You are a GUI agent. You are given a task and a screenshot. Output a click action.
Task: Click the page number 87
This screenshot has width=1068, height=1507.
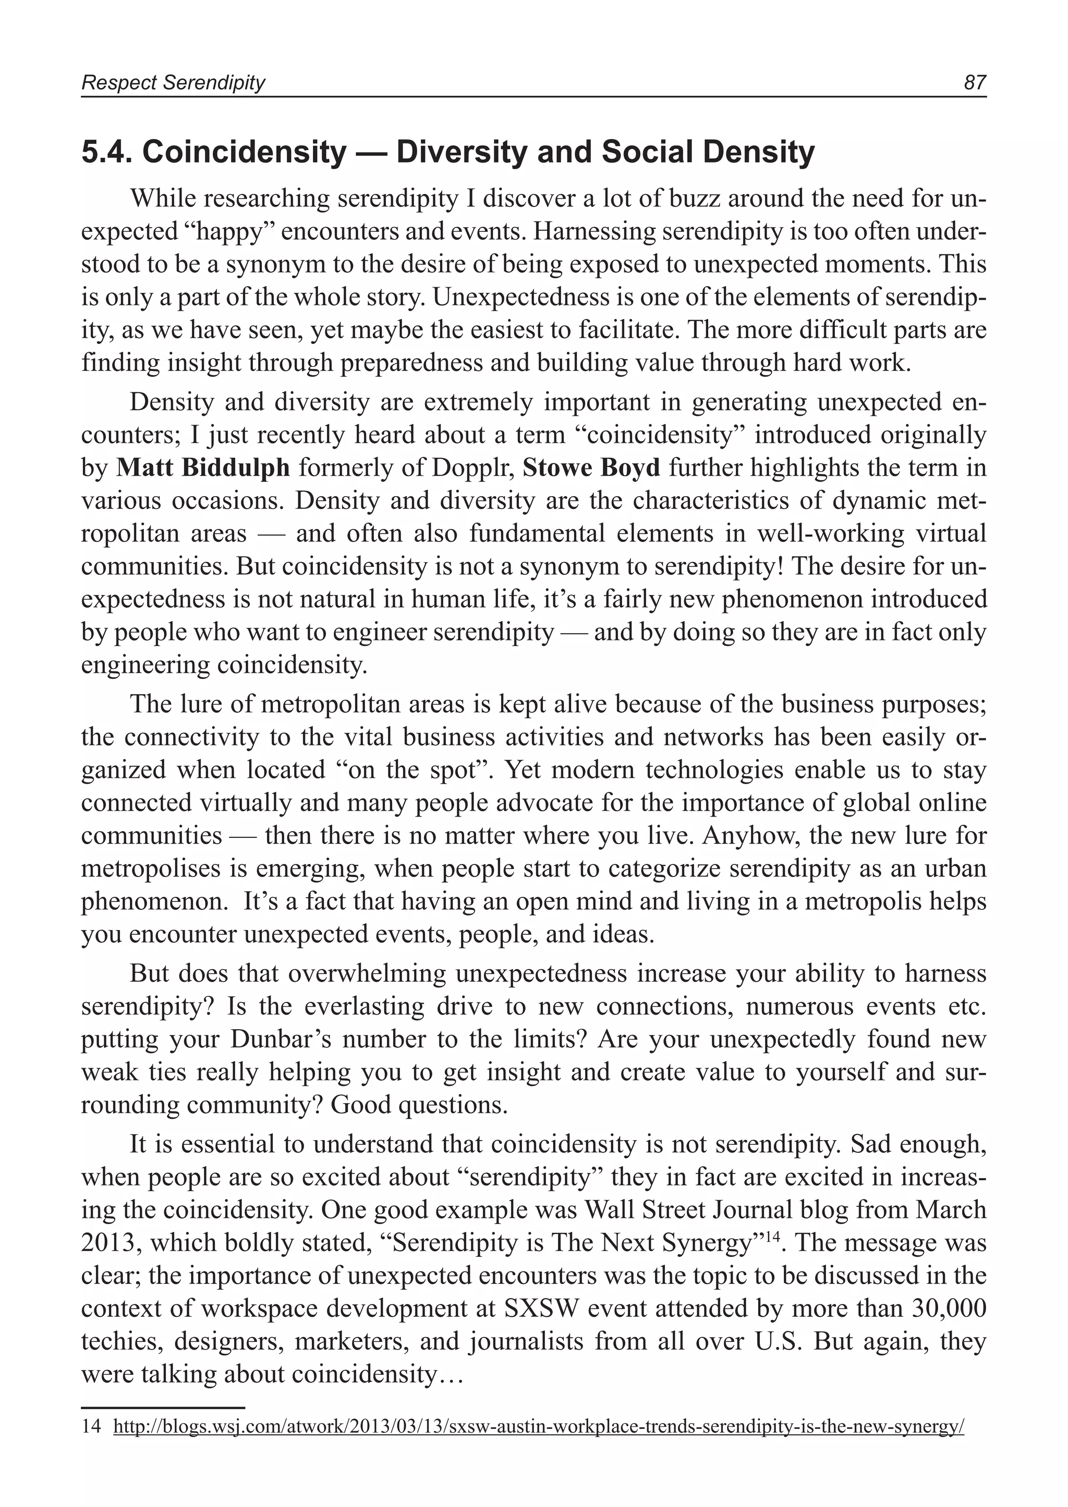pyautogui.click(x=975, y=83)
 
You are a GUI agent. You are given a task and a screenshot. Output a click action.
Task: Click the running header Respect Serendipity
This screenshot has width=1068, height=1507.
pyautogui.click(x=173, y=83)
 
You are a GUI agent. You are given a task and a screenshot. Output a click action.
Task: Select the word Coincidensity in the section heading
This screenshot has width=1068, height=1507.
pyautogui.click(x=244, y=153)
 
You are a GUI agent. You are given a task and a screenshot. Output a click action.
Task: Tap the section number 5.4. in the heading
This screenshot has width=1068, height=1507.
pyautogui.click(x=107, y=153)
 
